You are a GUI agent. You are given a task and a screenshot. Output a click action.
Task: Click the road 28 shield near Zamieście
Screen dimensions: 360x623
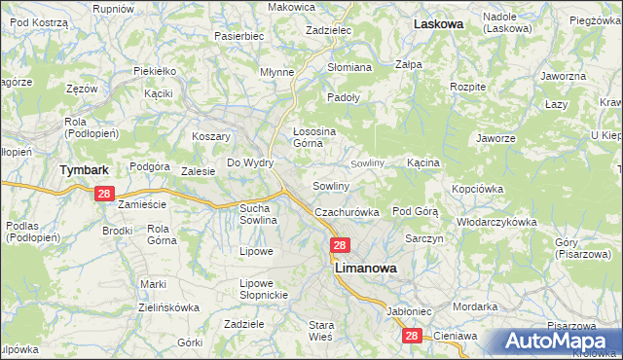(x=106, y=195)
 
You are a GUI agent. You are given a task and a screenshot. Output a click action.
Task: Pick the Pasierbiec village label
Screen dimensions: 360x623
(x=240, y=35)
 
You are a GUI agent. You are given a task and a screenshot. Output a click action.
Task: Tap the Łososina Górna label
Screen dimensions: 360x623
(x=314, y=136)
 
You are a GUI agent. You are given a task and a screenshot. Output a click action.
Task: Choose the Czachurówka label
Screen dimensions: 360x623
(x=346, y=212)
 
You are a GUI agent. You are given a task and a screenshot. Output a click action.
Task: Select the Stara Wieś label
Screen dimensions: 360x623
(x=321, y=329)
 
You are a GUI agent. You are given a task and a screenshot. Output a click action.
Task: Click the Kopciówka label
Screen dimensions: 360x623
(x=476, y=188)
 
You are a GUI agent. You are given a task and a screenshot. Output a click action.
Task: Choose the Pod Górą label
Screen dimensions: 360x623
(x=416, y=210)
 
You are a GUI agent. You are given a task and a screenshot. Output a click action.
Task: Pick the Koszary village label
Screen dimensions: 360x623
(x=211, y=137)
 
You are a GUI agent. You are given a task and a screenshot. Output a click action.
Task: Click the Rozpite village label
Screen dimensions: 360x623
(x=468, y=87)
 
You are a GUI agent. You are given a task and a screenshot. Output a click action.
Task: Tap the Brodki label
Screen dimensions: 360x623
(x=117, y=231)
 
